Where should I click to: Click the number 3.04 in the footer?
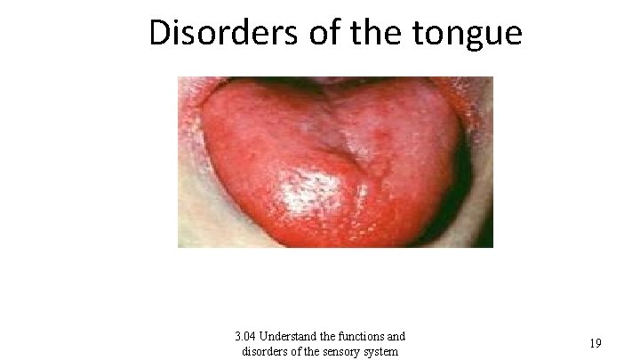(246, 337)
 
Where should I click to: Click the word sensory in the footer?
(338, 352)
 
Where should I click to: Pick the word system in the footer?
(380, 352)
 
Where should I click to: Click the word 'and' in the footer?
(396, 337)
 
